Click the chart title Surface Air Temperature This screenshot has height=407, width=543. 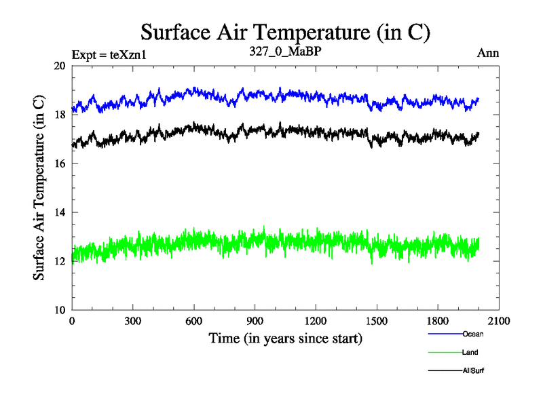coord(285,32)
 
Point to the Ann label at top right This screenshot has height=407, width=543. coord(489,54)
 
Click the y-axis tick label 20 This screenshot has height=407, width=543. coord(60,66)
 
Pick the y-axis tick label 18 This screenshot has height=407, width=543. coord(60,115)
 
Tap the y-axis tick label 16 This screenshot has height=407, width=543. coord(60,163)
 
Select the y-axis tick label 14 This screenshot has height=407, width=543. coord(60,212)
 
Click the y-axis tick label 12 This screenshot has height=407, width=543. coord(60,261)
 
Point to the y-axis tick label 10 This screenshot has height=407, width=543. coord(60,310)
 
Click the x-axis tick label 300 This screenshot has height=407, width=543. coord(133,322)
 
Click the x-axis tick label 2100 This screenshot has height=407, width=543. coord(499,322)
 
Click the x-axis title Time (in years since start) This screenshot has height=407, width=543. coord(284,338)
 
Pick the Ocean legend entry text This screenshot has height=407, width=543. coord(473,334)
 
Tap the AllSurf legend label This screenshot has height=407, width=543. coord(473,371)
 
